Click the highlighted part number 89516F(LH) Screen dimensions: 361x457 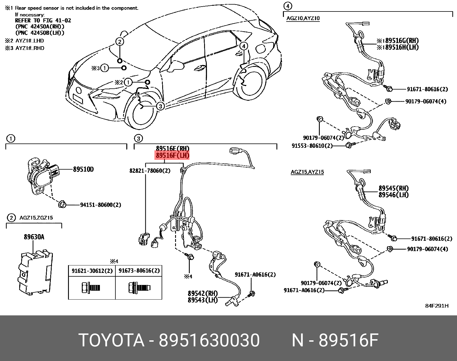pyautogui.click(x=172, y=156)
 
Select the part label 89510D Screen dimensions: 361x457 pyautogui.click(x=83, y=169)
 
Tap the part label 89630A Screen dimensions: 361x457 pyautogui.click(x=34, y=237)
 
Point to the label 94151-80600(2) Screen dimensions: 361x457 pyautogui.click(x=100, y=205)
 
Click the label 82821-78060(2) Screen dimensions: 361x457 pyautogui.click(x=150, y=171)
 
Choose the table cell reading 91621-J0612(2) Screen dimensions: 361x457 pyautogui.click(x=92, y=271)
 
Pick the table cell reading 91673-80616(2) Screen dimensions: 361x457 pyautogui.click(x=139, y=271)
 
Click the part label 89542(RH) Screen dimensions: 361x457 pyautogui.click(x=203, y=293)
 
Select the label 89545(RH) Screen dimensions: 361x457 pyautogui.click(x=394, y=188)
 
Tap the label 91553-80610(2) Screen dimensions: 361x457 pyautogui.click(x=312, y=145)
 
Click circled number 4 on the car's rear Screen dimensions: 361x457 pyautogui.click(x=243, y=46)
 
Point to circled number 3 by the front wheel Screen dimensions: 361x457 pyautogui.click(x=160, y=106)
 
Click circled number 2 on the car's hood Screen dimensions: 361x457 pyautogui.click(x=120, y=42)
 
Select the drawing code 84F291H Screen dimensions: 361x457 pyautogui.click(x=437, y=306)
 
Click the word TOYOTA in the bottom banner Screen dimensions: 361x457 pyautogui.click(x=111, y=341)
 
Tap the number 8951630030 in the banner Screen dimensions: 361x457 pyautogui.click(x=210, y=341)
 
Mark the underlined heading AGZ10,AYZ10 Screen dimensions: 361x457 pyautogui.click(x=303, y=18)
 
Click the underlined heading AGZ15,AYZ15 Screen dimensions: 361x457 pyautogui.click(x=307, y=172)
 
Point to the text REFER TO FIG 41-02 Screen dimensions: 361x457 pyautogui.click(x=43, y=20)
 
